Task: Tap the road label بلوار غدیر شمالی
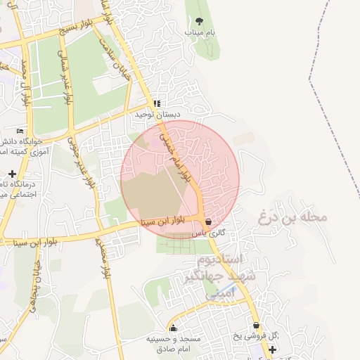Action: [65, 77]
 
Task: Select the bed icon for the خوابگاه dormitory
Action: [20, 131]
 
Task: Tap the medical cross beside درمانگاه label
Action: [12, 174]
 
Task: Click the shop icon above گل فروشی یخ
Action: [257, 326]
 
